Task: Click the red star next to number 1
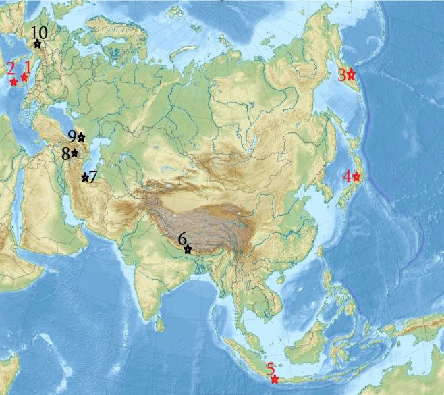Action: pyautogui.click(x=24, y=77)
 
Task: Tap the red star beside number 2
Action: pyautogui.click(x=13, y=82)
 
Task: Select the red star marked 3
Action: pyautogui.click(x=351, y=74)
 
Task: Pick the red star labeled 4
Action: pyautogui.click(x=356, y=177)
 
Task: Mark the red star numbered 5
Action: pyautogui.click(x=275, y=379)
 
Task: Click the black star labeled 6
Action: pyautogui.click(x=188, y=250)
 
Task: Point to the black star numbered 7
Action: pyautogui.click(x=85, y=178)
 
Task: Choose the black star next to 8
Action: pyautogui.click(x=75, y=153)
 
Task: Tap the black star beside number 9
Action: pyautogui.click(x=81, y=137)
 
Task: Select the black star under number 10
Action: pyautogui.click(x=37, y=44)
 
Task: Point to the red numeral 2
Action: pyautogui.click(x=10, y=68)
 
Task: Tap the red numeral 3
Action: pyautogui.click(x=342, y=74)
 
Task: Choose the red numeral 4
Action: pyautogui.click(x=347, y=177)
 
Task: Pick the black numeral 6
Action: pyautogui.click(x=182, y=239)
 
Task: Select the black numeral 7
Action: pyautogui.click(x=93, y=178)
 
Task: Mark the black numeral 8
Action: pyautogui.click(x=66, y=154)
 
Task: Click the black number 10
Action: pyautogui.click(x=39, y=32)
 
